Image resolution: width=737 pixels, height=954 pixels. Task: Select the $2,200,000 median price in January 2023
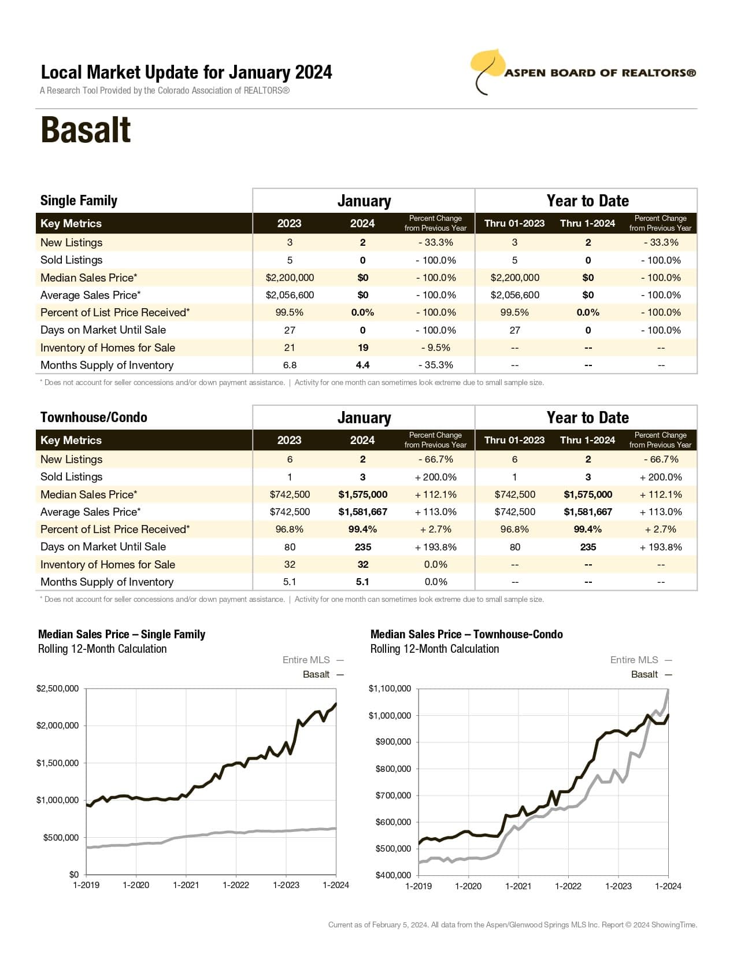pos(290,278)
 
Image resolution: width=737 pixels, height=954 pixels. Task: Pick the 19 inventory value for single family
pos(362,347)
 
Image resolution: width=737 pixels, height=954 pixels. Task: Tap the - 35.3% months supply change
pos(435,365)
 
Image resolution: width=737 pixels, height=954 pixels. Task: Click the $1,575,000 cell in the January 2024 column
pos(362,494)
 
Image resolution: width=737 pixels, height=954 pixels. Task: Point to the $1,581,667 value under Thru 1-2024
pos(588,512)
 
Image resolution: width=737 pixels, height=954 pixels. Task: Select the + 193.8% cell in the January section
pos(435,547)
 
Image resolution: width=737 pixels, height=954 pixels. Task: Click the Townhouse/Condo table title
pos(94,417)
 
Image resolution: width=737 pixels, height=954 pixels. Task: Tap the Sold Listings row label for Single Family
pos(71,260)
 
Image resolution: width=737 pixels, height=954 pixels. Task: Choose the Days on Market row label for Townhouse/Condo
pos(103,547)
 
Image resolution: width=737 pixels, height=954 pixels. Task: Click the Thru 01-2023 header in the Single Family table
pos(514,224)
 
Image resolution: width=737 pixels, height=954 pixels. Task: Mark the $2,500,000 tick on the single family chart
pos(57,689)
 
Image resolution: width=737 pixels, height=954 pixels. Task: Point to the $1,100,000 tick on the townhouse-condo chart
pos(390,689)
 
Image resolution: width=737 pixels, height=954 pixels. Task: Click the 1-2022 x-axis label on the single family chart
pos(236,885)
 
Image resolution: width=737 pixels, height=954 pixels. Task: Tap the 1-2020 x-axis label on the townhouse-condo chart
pos(468,886)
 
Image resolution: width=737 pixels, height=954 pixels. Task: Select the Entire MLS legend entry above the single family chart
pos(306,660)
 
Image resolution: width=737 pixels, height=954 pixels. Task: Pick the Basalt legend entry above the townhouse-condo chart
pos(644,674)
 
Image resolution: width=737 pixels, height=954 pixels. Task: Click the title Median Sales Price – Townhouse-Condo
pos(466,634)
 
